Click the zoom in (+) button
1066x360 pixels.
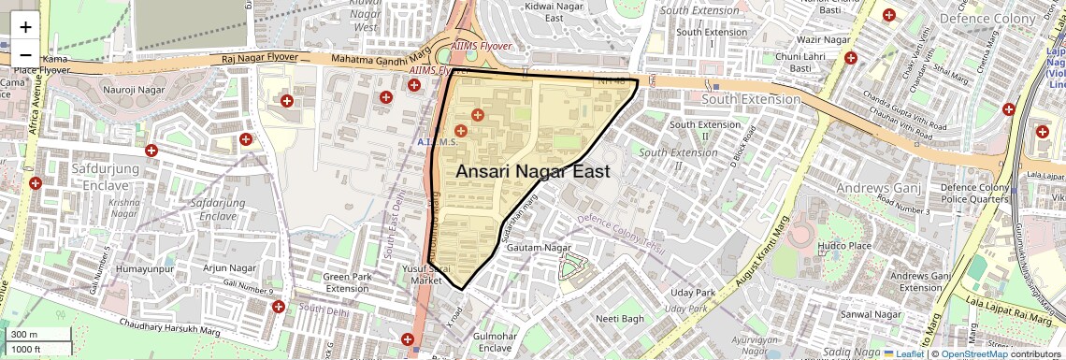tap(25, 27)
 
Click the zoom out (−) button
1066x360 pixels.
tap(25, 55)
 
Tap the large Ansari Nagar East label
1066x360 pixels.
tap(533, 172)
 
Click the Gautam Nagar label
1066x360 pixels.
tap(538, 248)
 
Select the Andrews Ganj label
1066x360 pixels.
tap(880, 190)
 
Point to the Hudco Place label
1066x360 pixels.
tap(844, 246)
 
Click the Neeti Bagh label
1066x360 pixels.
tap(621, 319)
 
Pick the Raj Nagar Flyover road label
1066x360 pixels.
tap(260, 58)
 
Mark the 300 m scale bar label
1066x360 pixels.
tap(24, 335)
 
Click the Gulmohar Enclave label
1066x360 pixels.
tap(495, 341)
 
